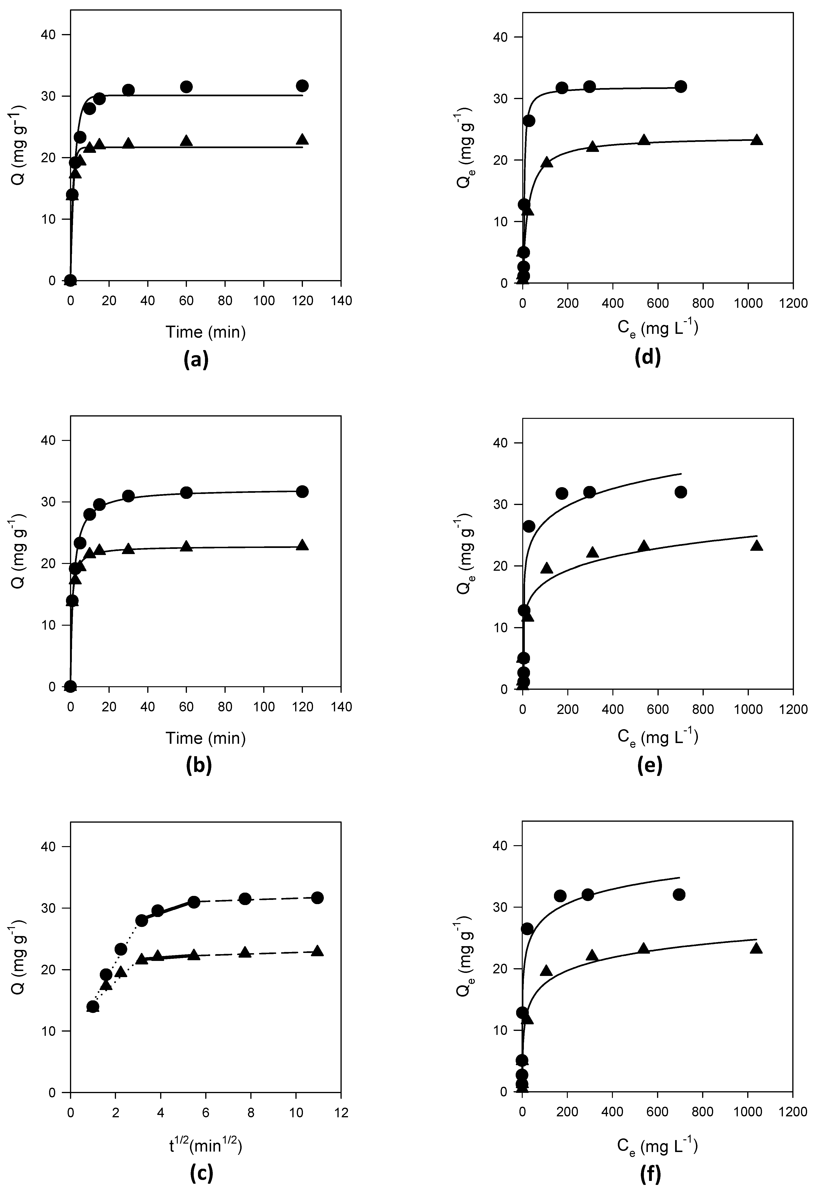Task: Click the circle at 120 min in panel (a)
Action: click(x=302, y=86)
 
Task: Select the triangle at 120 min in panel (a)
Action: click(x=302, y=139)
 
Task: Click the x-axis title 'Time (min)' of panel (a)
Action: click(x=205, y=333)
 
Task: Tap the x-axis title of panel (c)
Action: click(x=205, y=1144)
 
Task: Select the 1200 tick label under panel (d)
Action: click(x=793, y=303)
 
